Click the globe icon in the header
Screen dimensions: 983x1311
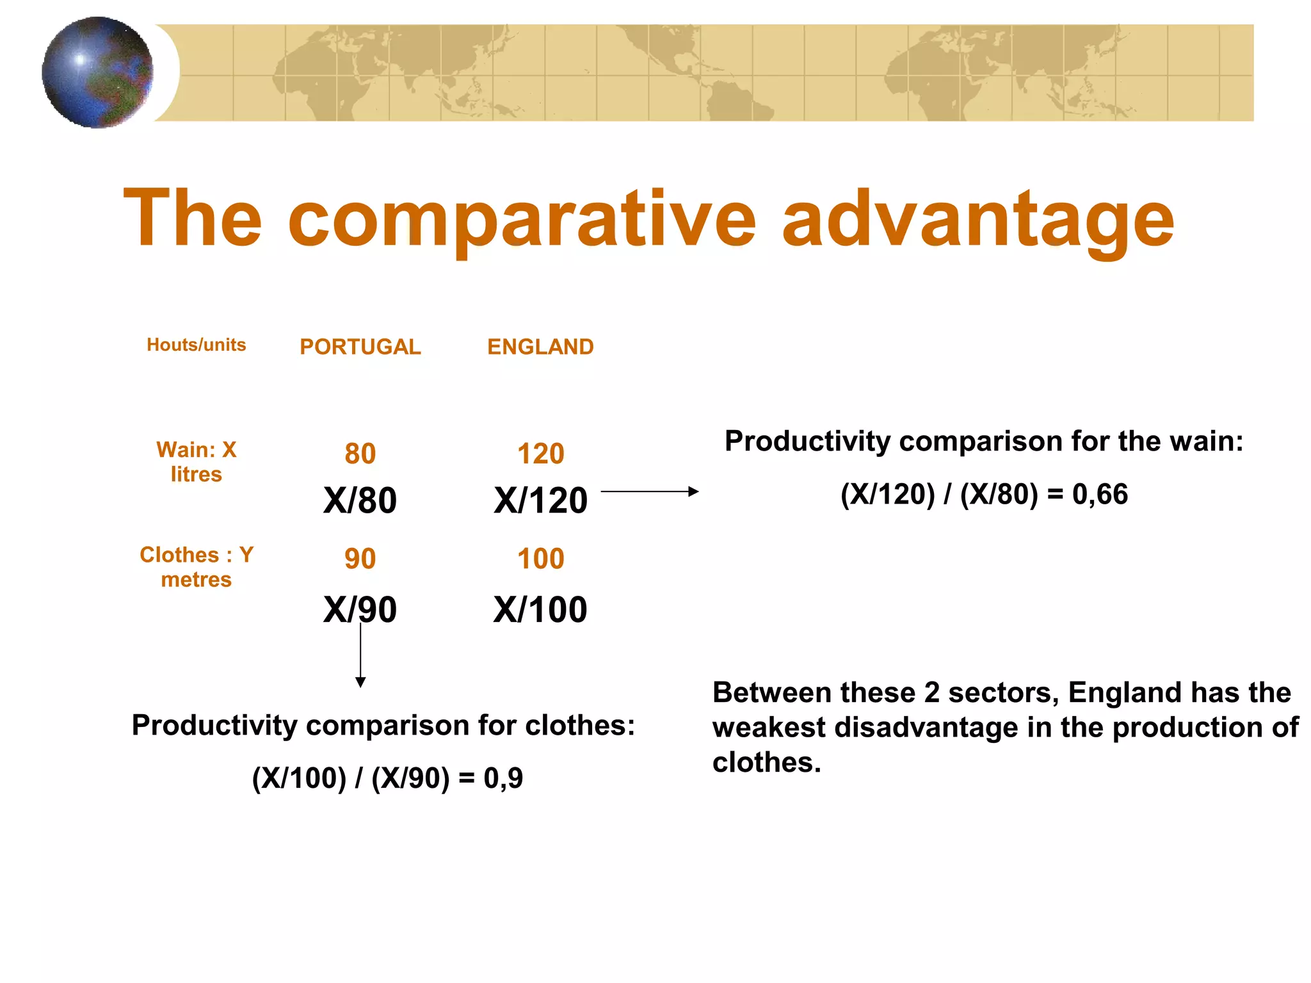pos(97,72)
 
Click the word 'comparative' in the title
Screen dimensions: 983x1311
pos(522,221)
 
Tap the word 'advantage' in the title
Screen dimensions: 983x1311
pos(977,221)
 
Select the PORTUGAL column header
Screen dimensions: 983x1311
pos(360,347)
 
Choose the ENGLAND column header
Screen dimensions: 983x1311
pos(540,347)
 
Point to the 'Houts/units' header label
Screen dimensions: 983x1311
pos(196,345)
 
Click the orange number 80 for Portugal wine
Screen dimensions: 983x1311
pos(360,454)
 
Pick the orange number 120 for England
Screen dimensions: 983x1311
pos(540,454)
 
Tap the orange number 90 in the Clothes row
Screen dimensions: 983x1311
pos(360,559)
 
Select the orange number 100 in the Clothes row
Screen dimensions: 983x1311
pos(540,559)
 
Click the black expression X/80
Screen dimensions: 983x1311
pos(360,500)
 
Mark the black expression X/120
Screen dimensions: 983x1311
pos(540,500)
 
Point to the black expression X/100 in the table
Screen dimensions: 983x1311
pos(540,609)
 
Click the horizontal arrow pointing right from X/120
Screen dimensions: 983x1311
pos(649,491)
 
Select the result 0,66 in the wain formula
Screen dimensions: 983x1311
pos(1100,495)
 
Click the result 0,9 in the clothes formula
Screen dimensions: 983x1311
pos(503,778)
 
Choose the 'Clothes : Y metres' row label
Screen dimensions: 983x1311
pos(196,567)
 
